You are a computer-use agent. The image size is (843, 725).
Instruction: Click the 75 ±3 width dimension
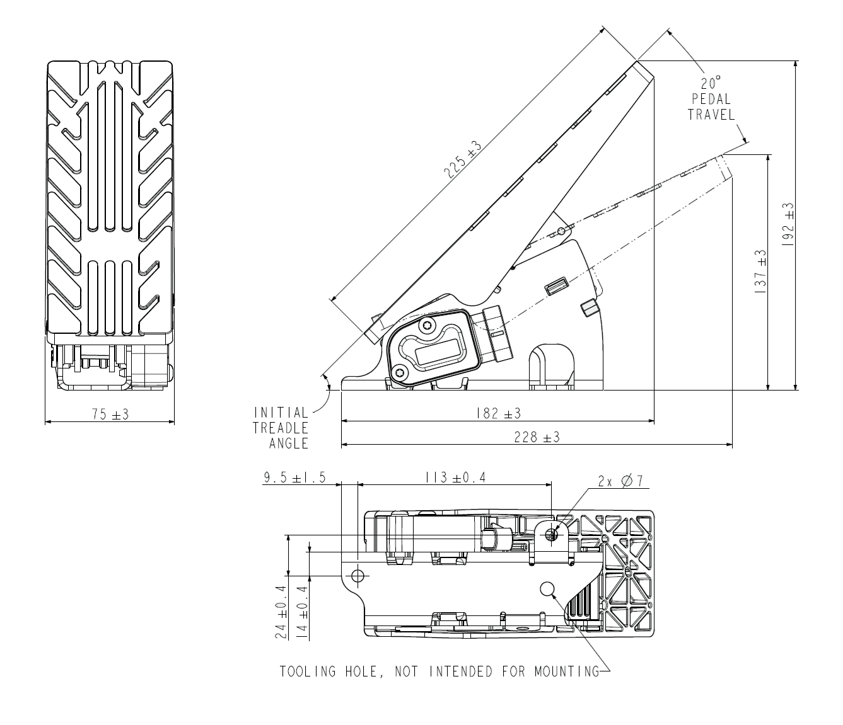pyautogui.click(x=110, y=414)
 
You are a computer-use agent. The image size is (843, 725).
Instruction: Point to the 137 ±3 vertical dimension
pyautogui.click(x=760, y=273)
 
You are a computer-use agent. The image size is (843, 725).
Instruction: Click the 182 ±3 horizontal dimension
pyautogui.click(x=497, y=413)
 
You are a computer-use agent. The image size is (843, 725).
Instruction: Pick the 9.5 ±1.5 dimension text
pyautogui.click(x=294, y=477)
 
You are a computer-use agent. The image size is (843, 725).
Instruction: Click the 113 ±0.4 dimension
pyautogui.click(x=455, y=477)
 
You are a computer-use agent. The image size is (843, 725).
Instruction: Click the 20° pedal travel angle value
pyautogui.click(x=711, y=83)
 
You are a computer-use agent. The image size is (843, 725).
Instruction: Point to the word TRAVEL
pyautogui.click(x=711, y=115)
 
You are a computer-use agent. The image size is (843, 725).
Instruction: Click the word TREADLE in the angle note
pyautogui.click(x=281, y=428)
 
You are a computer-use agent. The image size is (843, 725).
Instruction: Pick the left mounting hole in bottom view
pyautogui.click(x=358, y=575)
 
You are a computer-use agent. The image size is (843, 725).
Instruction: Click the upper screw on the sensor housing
pyautogui.click(x=428, y=325)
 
